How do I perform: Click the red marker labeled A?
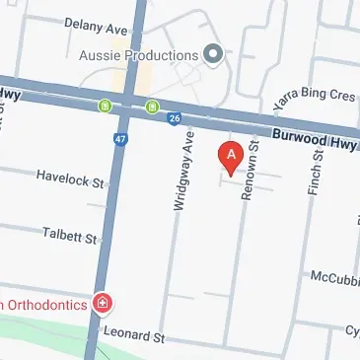click(231, 158)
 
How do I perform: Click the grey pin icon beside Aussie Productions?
click(211, 53)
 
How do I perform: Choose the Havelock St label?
click(70, 179)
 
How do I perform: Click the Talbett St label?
click(71, 238)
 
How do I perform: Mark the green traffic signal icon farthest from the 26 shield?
click(105, 105)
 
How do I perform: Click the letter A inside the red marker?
click(231, 153)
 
